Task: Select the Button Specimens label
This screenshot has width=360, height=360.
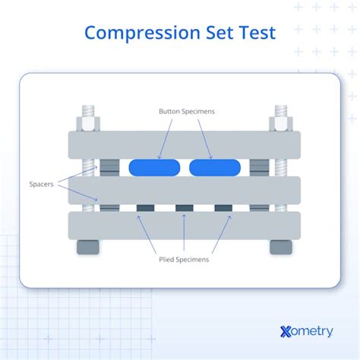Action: [187, 112]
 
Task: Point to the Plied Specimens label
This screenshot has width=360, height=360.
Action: [184, 259]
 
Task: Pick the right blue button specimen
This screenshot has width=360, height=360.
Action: [215, 167]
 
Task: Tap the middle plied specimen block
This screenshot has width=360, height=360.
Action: [185, 207]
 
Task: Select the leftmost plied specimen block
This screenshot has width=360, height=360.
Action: [146, 207]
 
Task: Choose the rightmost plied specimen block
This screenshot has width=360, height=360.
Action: [223, 207]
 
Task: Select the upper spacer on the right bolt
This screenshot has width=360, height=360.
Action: [260, 167]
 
